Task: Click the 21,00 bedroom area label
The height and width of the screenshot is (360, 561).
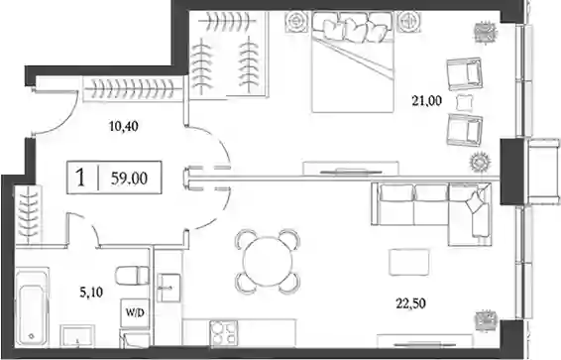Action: pyautogui.click(x=426, y=101)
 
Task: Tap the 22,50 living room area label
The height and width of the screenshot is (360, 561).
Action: pyautogui.click(x=410, y=303)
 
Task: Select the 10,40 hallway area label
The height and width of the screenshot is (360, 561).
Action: pyautogui.click(x=124, y=126)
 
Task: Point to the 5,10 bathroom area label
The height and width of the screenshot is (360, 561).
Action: pyautogui.click(x=91, y=293)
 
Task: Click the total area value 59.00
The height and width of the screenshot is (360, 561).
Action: pyautogui.click(x=129, y=178)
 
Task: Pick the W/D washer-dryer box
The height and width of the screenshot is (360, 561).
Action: pyautogui.click(x=135, y=313)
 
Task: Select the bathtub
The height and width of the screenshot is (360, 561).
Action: pyautogui.click(x=32, y=306)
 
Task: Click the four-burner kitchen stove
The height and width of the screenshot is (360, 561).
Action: pyautogui.click(x=224, y=333)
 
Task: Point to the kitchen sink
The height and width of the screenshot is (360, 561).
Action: pyautogui.click(x=168, y=288)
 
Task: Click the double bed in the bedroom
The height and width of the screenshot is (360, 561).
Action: pyautogui.click(x=353, y=61)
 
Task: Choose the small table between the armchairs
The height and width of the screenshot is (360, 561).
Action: pyautogui.click(x=465, y=102)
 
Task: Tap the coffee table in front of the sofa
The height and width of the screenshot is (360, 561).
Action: pyautogui.click(x=409, y=262)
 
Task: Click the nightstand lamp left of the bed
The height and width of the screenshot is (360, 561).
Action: pyautogui.click(x=296, y=23)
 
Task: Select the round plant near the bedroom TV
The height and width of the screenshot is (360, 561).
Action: pyautogui.click(x=478, y=163)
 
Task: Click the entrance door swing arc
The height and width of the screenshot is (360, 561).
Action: pyautogui.click(x=64, y=121)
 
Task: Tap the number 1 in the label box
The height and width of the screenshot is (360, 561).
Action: pyautogui.click(x=81, y=178)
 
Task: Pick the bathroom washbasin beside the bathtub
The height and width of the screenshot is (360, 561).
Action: pyautogui.click(x=77, y=336)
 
